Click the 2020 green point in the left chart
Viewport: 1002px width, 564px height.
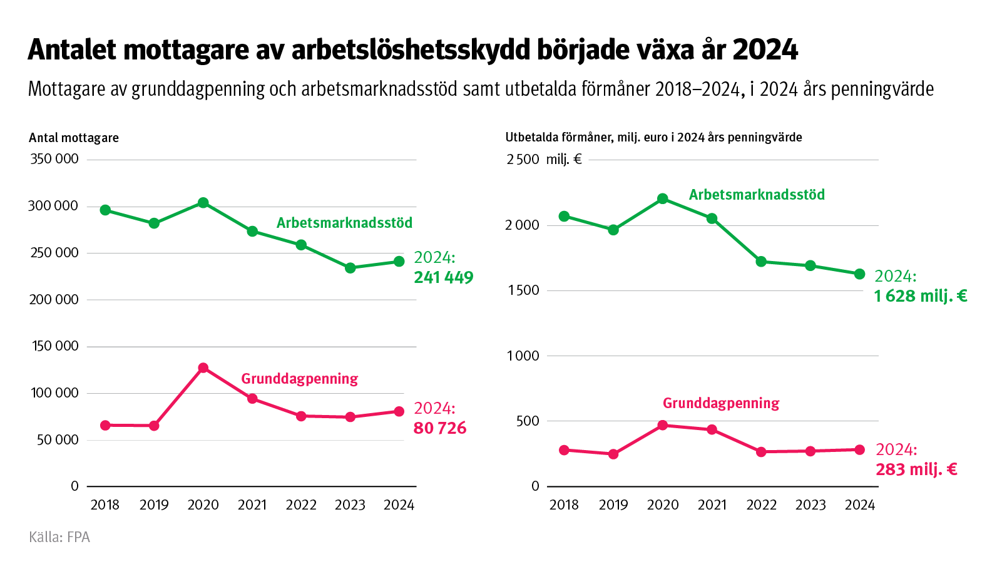[x=203, y=203]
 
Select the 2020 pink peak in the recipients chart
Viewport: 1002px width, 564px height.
[x=203, y=368]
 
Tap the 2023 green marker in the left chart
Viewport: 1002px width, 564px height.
[x=350, y=268]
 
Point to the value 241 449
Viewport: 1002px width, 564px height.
[x=443, y=277]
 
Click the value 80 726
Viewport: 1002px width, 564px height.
[x=440, y=428]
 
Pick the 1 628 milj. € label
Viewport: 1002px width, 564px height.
[x=921, y=296]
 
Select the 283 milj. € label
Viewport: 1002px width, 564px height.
[x=916, y=469]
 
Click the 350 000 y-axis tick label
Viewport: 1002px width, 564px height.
[x=54, y=159]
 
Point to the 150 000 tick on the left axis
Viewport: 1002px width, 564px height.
[x=55, y=346]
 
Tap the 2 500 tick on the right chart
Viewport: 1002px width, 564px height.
[x=523, y=160]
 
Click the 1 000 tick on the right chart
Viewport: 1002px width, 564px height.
[x=523, y=356]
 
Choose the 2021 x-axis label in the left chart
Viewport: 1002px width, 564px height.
[x=252, y=505]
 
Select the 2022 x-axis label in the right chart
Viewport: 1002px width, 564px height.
[x=761, y=505]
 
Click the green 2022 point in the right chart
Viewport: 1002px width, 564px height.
[x=761, y=262]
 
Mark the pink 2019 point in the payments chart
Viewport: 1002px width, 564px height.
[x=613, y=454]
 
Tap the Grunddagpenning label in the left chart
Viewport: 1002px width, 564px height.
[x=299, y=379]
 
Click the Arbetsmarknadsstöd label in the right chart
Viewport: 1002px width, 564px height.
[x=757, y=195]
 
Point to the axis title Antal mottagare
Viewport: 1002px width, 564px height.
[x=74, y=138]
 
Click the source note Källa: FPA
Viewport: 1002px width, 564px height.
[x=59, y=537]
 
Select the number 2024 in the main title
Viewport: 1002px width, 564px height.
[x=765, y=50]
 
